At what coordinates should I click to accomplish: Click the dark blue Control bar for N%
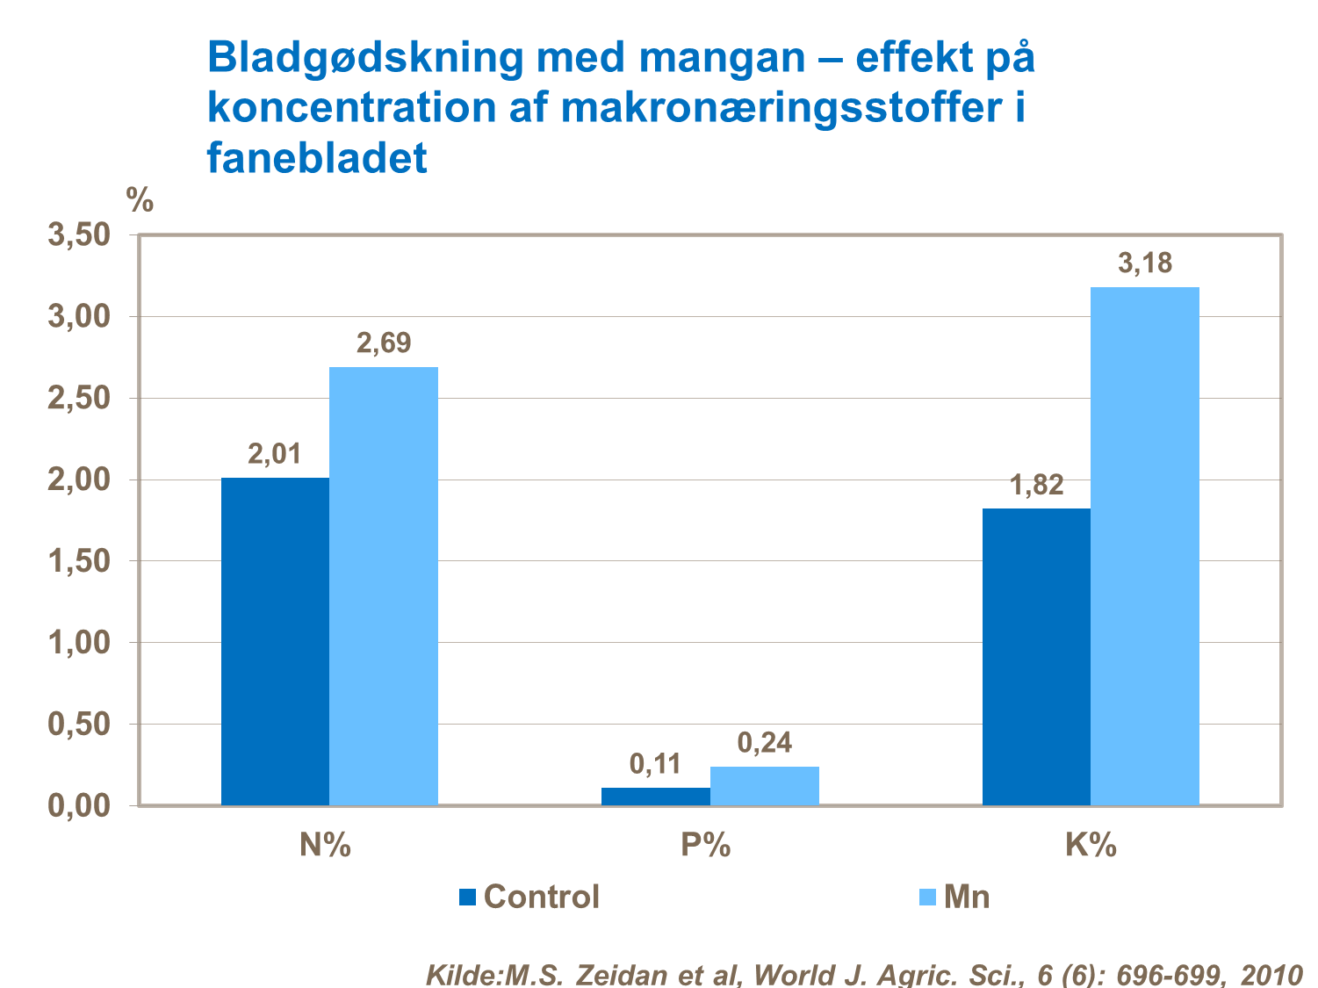click(x=275, y=641)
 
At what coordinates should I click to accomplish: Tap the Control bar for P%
click(x=656, y=797)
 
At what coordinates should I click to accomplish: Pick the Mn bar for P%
click(x=765, y=786)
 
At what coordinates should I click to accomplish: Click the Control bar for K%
click(x=1036, y=657)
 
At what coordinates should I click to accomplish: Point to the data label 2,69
click(x=384, y=343)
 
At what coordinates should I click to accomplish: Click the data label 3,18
click(x=1145, y=263)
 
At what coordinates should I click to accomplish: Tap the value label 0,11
click(x=656, y=764)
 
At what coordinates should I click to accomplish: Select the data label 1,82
click(x=1036, y=485)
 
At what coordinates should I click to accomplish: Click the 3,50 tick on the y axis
click(x=79, y=235)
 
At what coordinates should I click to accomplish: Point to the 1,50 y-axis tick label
click(x=79, y=561)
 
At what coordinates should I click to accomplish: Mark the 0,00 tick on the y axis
click(x=79, y=805)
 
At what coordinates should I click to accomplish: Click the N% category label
click(x=326, y=845)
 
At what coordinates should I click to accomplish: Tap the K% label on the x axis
click(x=1091, y=845)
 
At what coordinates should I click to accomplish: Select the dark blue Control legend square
click(x=468, y=897)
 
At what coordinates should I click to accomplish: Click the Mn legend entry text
click(x=967, y=897)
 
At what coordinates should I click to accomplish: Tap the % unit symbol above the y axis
click(x=140, y=200)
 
